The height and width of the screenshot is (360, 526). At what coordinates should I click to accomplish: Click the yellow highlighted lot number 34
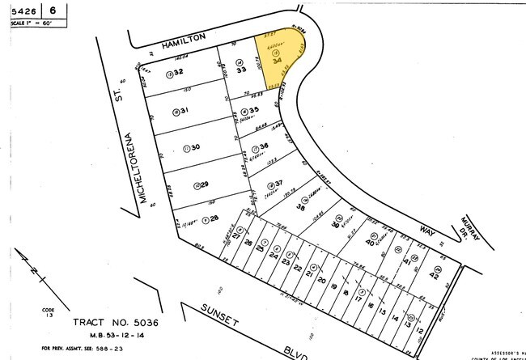(278, 59)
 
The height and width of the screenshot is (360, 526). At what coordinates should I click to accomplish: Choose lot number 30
(193, 147)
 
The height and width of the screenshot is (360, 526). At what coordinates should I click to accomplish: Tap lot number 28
(214, 218)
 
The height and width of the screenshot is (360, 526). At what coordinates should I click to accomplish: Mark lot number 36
(263, 146)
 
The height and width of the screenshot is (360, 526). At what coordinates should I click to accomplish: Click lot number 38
(300, 207)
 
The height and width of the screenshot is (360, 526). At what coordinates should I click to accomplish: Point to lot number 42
(434, 276)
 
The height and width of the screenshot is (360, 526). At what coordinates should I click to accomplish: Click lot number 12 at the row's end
(420, 330)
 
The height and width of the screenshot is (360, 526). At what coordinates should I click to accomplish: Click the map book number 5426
(23, 10)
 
